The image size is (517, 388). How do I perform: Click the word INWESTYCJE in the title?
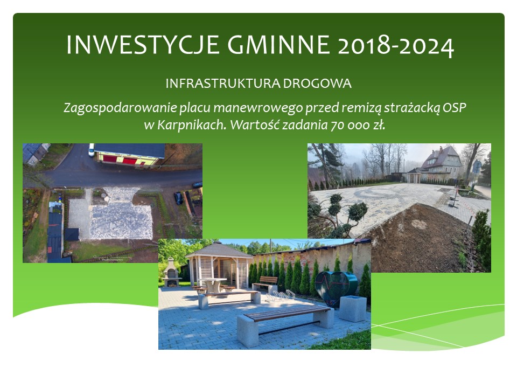pyautogui.click(x=143, y=45)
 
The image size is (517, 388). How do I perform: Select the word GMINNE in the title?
pyautogui.click(x=278, y=45)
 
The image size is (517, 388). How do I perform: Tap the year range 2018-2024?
pyautogui.click(x=396, y=45)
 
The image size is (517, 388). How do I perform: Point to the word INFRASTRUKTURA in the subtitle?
pyautogui.click(x=223, y=84)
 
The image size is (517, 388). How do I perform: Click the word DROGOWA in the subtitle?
pyautogui.click(x=317, y=84)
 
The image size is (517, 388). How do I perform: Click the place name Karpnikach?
pyautogui.click(x=192, y=125)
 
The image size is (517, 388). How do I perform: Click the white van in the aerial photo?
pyautogui.click(x=92, y=149)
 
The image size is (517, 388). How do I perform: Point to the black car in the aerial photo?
pyautogui.click(x=178, y=198)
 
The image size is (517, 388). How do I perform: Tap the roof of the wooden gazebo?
pyautogui.click(x=219, y=249)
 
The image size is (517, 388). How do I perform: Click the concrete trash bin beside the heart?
pyautogui.click(x=353, y=308)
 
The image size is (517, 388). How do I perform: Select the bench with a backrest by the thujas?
pyautogui.click(x=265, y=282)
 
